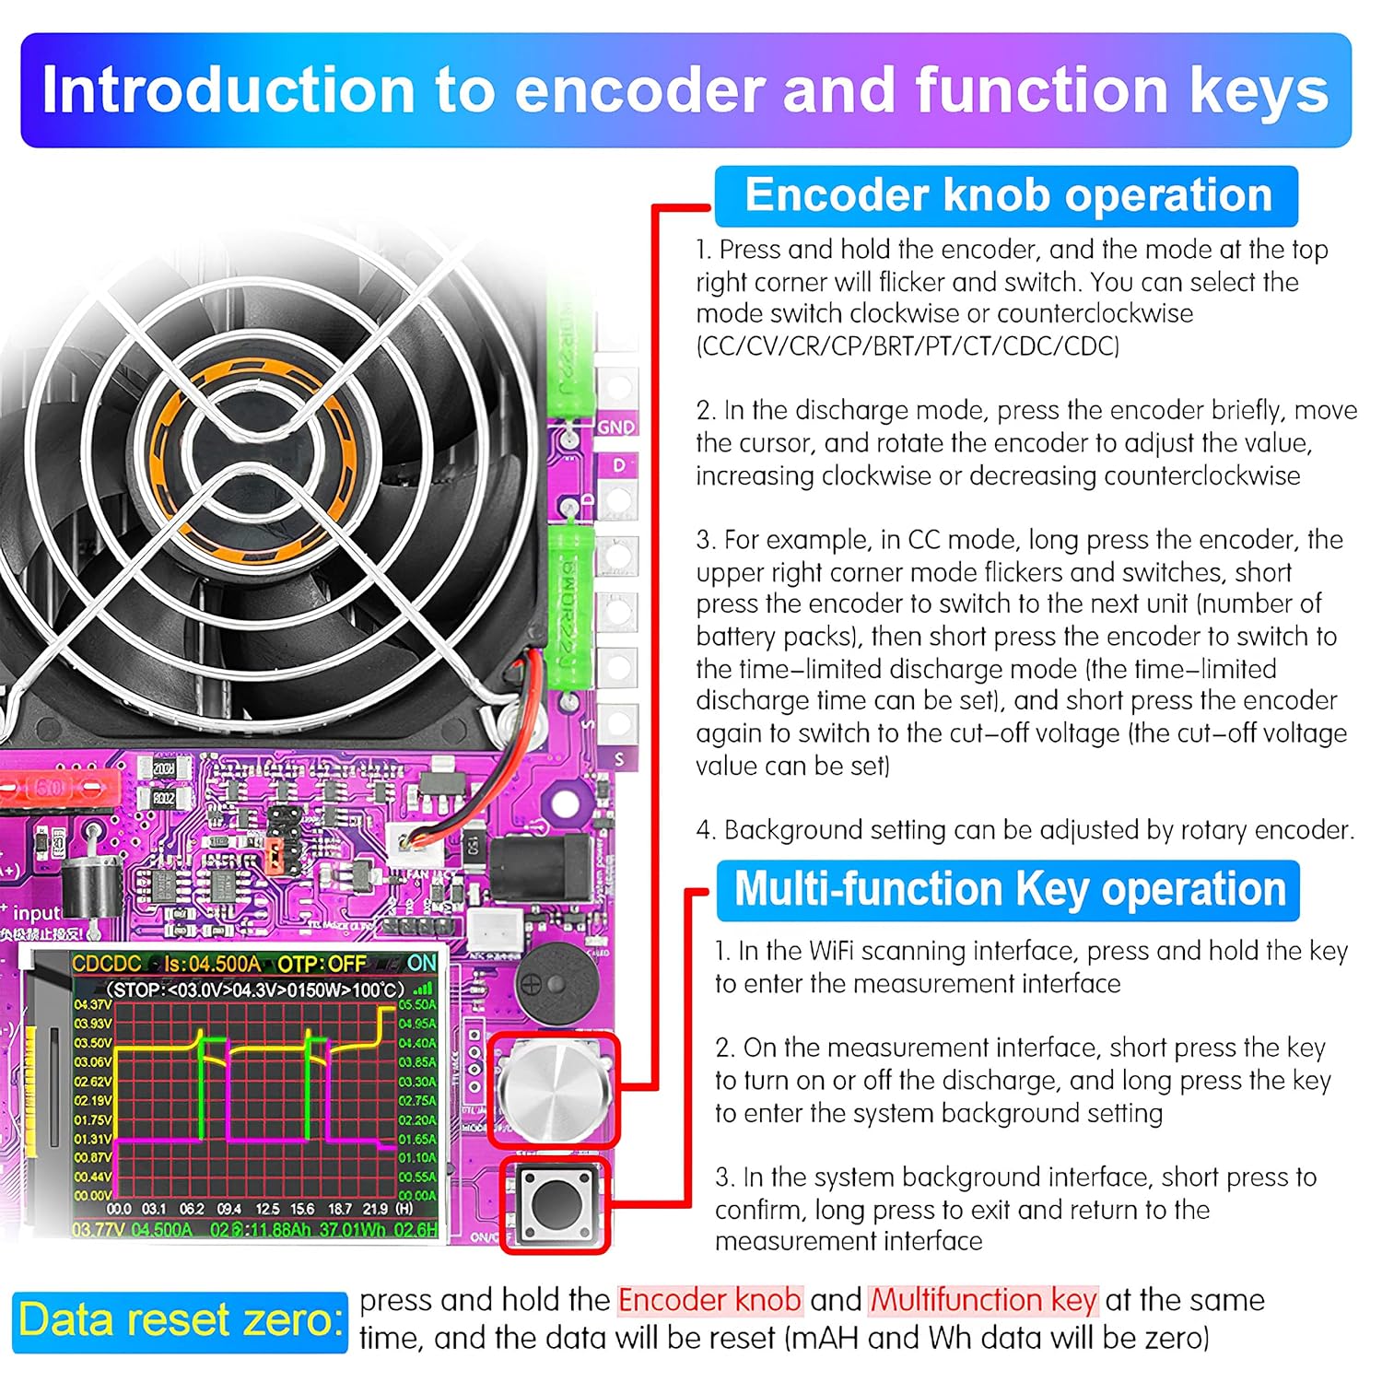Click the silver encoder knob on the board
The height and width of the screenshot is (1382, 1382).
(554, 1090)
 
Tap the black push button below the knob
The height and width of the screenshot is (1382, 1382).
(556, 1204)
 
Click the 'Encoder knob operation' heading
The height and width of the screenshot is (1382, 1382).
(1007, 196)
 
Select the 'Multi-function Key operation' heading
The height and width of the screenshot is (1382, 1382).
(1009, 890)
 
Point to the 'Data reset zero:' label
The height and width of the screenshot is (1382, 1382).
(181, 1319)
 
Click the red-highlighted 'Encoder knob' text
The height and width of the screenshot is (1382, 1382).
(709, 1300)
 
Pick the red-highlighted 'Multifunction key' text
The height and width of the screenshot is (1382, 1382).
(983, 1300)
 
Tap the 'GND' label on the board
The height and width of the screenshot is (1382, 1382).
(615, 427)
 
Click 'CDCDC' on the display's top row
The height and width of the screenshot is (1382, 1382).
(107, 964)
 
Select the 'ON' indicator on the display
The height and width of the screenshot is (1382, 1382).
(422, 963)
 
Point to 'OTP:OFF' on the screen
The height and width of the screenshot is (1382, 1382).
(322, 964)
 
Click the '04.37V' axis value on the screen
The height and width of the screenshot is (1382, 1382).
(92, 1004)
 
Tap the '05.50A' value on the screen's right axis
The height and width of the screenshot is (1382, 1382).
(417, 1004)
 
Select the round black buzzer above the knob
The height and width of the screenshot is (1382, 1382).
(551, 982)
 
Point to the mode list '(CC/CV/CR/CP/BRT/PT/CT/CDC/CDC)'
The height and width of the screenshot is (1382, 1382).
(908, 346)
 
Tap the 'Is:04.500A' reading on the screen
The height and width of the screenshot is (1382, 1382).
(212, 964)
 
